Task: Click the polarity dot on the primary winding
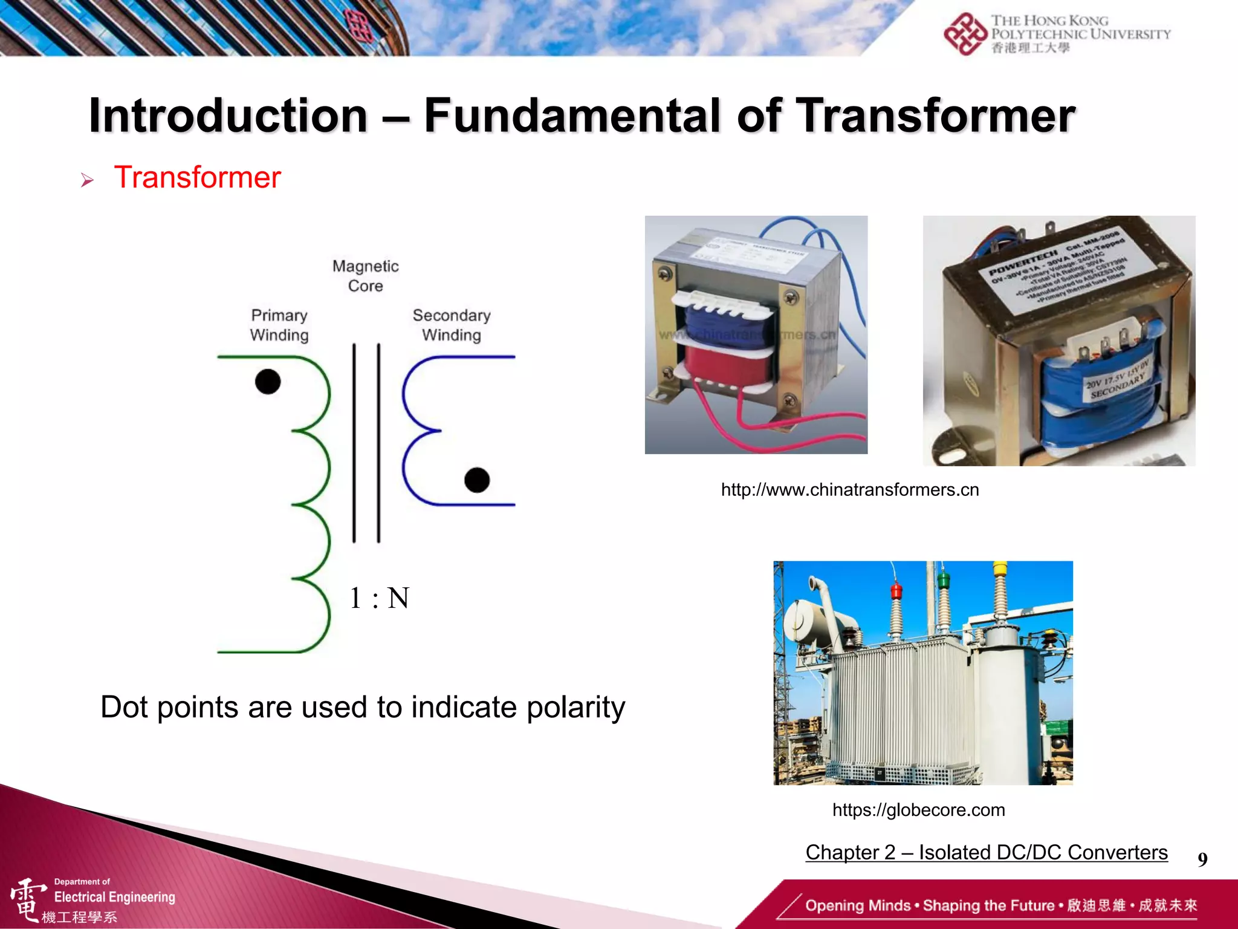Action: click(268, 382)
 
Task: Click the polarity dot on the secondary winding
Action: click(477, 480)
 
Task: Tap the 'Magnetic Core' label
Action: click(365, 276)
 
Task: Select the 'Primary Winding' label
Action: click(279, 325)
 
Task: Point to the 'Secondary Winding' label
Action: click(452, 325)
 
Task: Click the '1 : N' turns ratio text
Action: click(380, 598)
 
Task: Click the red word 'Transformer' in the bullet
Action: click(197, 178)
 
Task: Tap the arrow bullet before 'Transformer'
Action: click(87, 180)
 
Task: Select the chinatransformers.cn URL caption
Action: click(849, 489)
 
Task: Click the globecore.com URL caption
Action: click(918, 810)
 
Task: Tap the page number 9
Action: click(1202, 859)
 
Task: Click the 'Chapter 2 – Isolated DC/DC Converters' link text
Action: click(986, 852)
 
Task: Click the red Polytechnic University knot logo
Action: click(965, 34)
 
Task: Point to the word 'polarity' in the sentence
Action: click(575, 707)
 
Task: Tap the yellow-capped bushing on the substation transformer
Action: click(1000, 569)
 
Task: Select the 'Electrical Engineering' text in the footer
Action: click(114, 897)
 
